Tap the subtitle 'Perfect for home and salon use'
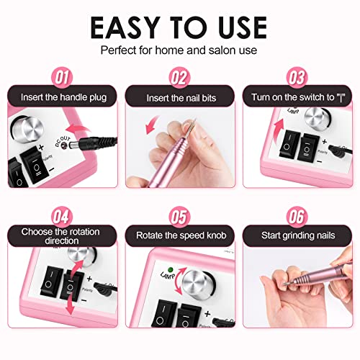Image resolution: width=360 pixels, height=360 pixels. point(179,52)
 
